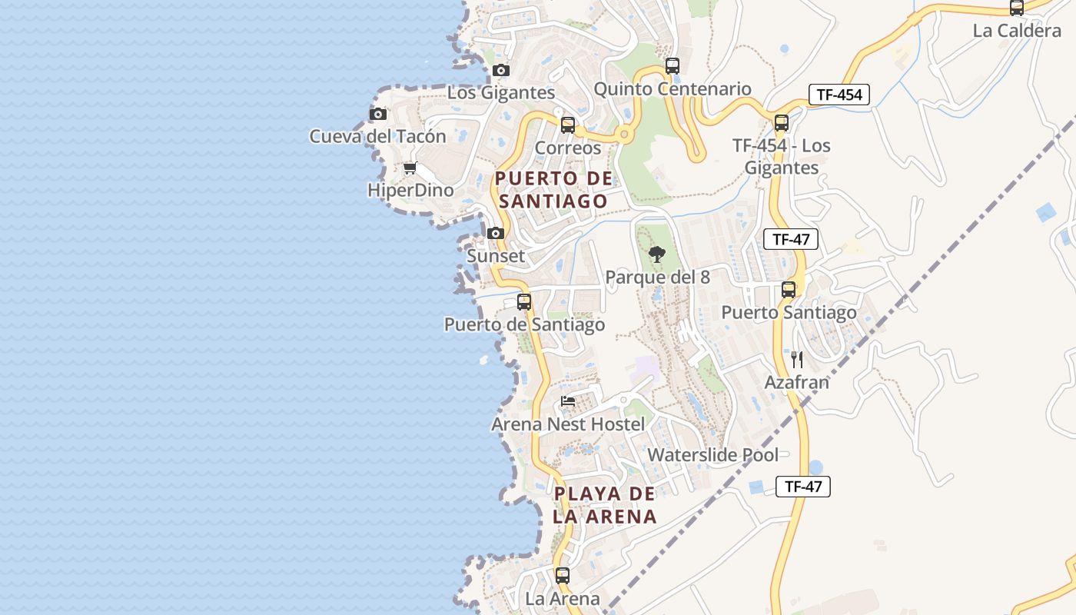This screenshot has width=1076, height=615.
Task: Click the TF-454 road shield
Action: click(839, 95)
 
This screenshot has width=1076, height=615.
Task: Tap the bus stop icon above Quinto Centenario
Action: click(672, 66)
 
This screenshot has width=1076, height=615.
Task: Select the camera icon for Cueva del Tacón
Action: click(377, 115)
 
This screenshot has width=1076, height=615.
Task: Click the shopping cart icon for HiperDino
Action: click(410, 168)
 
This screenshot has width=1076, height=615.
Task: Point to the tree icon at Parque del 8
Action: click(657, 254)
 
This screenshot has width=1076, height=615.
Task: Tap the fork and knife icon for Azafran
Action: click(797, 359)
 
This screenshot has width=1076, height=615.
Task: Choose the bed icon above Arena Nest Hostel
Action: click(568, 401)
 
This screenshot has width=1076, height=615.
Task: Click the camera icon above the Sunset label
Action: click(496, 233)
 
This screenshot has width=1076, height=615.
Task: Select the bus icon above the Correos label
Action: click(568, 125)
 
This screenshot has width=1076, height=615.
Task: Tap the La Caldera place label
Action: click(1017, 31)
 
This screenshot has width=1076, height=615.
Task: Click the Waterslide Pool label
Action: click(712, 454)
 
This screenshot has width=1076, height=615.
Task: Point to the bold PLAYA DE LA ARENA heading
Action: click(605, 504)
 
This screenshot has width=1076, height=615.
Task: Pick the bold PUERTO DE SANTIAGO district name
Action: click(553, 190)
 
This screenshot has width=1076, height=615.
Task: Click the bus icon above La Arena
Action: click(563, 575)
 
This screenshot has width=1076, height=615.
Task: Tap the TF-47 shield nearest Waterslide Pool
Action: click(803, 486)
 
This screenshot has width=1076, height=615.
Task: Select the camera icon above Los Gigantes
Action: click(501, 71)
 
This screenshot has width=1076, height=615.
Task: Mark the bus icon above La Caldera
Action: click(1017, 8)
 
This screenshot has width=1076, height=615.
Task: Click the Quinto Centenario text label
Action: click(672, 89)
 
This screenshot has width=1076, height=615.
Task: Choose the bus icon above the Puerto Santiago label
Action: click(789, 290)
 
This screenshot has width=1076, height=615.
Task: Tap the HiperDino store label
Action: click(410, 190)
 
